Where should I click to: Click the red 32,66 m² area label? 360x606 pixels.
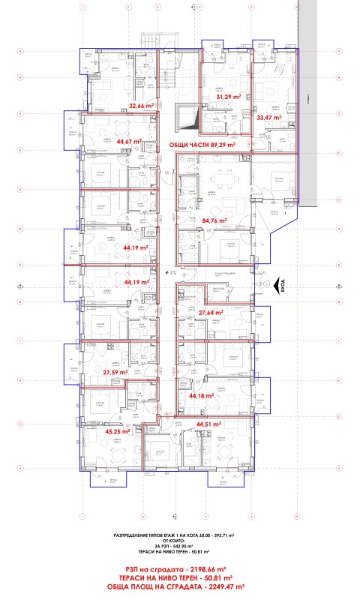click(x=141, y=106)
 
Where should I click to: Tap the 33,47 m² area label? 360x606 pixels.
click(x=268, y=118)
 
